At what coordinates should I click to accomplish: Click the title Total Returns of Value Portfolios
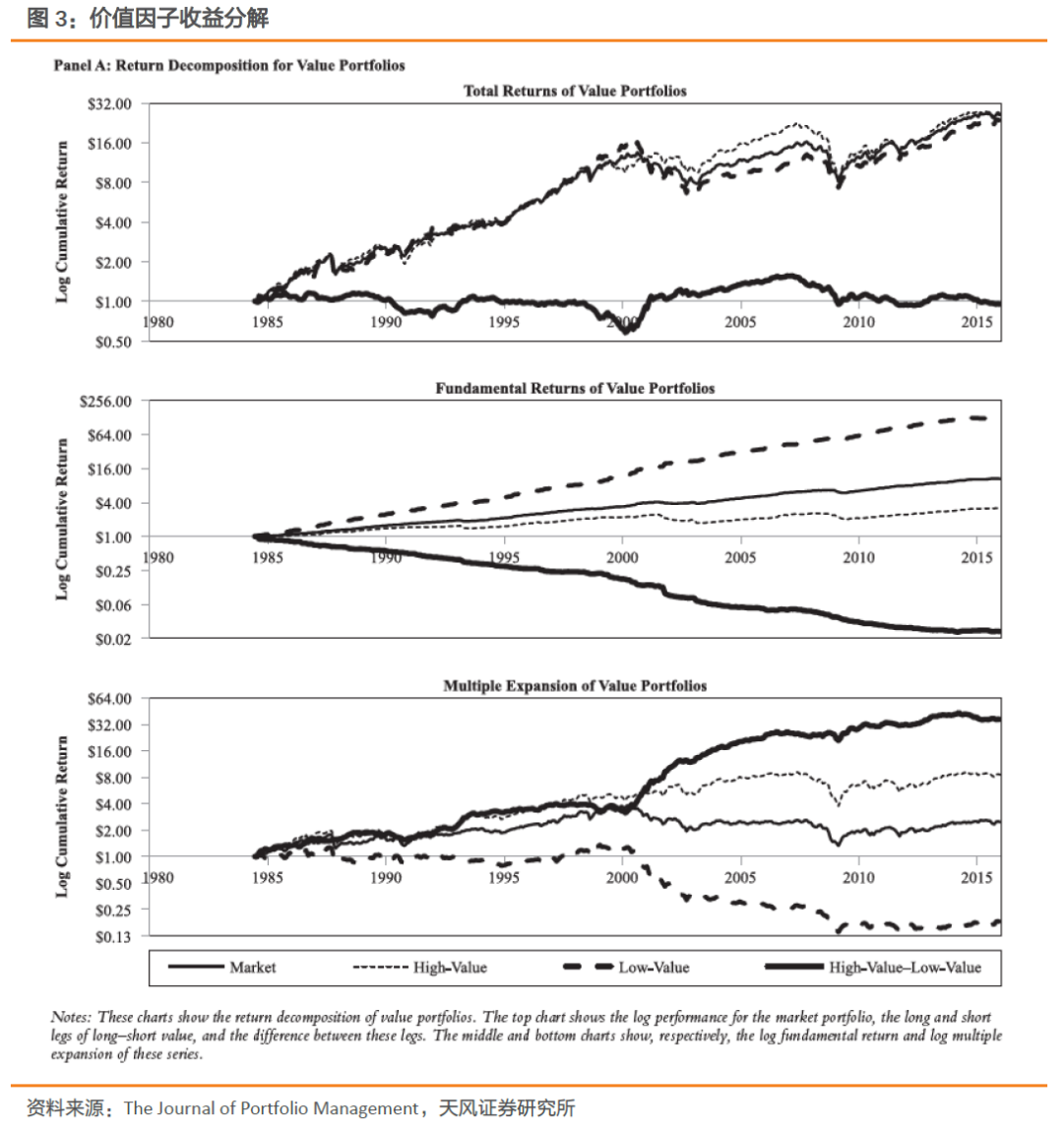[575, 91]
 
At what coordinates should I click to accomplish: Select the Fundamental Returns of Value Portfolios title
[575, 388]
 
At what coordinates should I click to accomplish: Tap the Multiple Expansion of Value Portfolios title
[575, 685]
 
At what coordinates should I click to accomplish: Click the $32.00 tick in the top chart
[109, 103]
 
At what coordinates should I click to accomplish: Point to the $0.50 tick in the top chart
[113, 342]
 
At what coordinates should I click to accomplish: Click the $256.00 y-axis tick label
[105, 401]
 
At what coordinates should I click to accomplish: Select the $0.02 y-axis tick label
[113, 639]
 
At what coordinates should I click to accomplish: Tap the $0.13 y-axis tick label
[113, 936]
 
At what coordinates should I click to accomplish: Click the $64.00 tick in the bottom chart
[109, 699]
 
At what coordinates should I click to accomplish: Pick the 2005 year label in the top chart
[740, 322]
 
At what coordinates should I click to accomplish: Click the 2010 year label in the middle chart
[858, 557]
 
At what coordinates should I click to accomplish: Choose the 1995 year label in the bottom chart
[504, 877]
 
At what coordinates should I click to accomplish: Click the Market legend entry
[252, 968]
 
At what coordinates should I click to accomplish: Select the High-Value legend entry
[450, 968]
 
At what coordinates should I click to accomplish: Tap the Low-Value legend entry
[654, 968]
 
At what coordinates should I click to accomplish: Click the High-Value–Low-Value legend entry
[905, 968]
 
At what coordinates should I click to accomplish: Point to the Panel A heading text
[229, 65]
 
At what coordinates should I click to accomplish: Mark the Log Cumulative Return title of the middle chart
[62, 519]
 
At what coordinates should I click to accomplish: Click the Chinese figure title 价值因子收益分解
[178, 18]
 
